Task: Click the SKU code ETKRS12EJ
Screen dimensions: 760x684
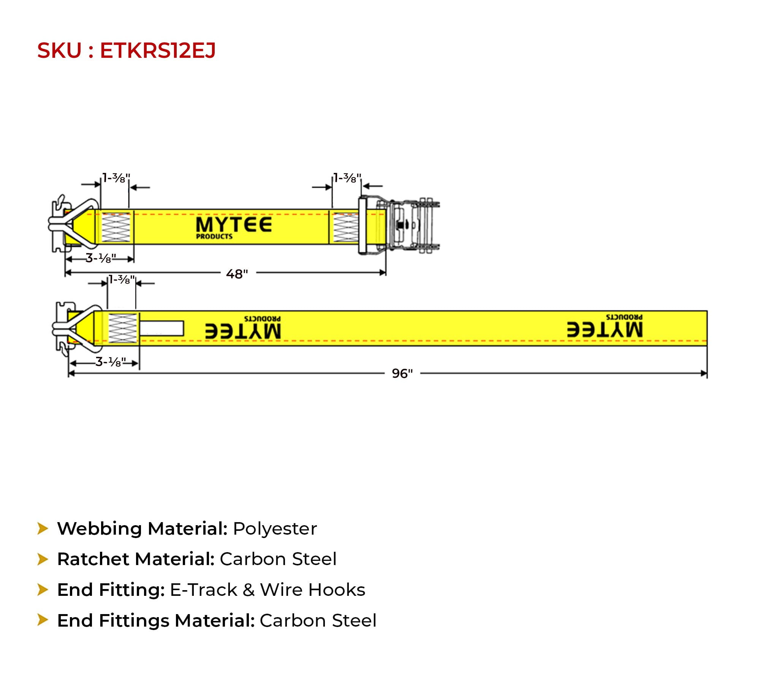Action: pos(158,51)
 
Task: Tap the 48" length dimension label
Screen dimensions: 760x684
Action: pos(237,274)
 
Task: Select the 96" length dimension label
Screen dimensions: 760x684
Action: pos(402,374)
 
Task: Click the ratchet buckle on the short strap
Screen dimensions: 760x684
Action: pos(399,226)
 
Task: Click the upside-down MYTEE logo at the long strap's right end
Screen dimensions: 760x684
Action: pos(605,326)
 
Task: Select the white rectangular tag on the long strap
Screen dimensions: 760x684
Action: pos(162,329)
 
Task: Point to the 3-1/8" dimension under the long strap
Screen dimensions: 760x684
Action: pos(111,362)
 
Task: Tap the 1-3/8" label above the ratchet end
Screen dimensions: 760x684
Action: pos(347,178)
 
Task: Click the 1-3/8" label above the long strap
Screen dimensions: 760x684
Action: pos(122,280)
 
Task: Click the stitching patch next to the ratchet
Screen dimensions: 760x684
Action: pos(345,227)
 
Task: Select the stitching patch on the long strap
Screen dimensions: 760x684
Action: pos(123,329)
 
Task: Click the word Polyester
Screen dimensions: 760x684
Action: pos(275,529)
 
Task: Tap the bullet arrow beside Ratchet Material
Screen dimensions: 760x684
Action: pos(43,559)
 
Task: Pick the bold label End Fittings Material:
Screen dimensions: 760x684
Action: pos(156,621)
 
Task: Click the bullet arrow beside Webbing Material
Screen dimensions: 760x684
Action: pos(43,529)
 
